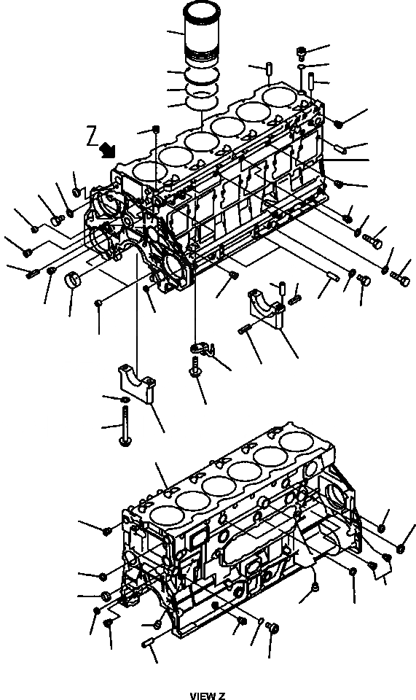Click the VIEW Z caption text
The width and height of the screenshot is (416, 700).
(x=208, y=696)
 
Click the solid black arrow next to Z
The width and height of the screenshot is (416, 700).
(x=109, y=149)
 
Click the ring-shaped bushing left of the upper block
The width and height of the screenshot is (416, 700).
(x=73, y=280)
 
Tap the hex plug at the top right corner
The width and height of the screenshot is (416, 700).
(x=302, y=52)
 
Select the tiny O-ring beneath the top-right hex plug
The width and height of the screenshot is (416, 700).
(x=300, y=66)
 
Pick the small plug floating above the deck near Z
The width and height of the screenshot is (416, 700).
(x=156, y=130)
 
